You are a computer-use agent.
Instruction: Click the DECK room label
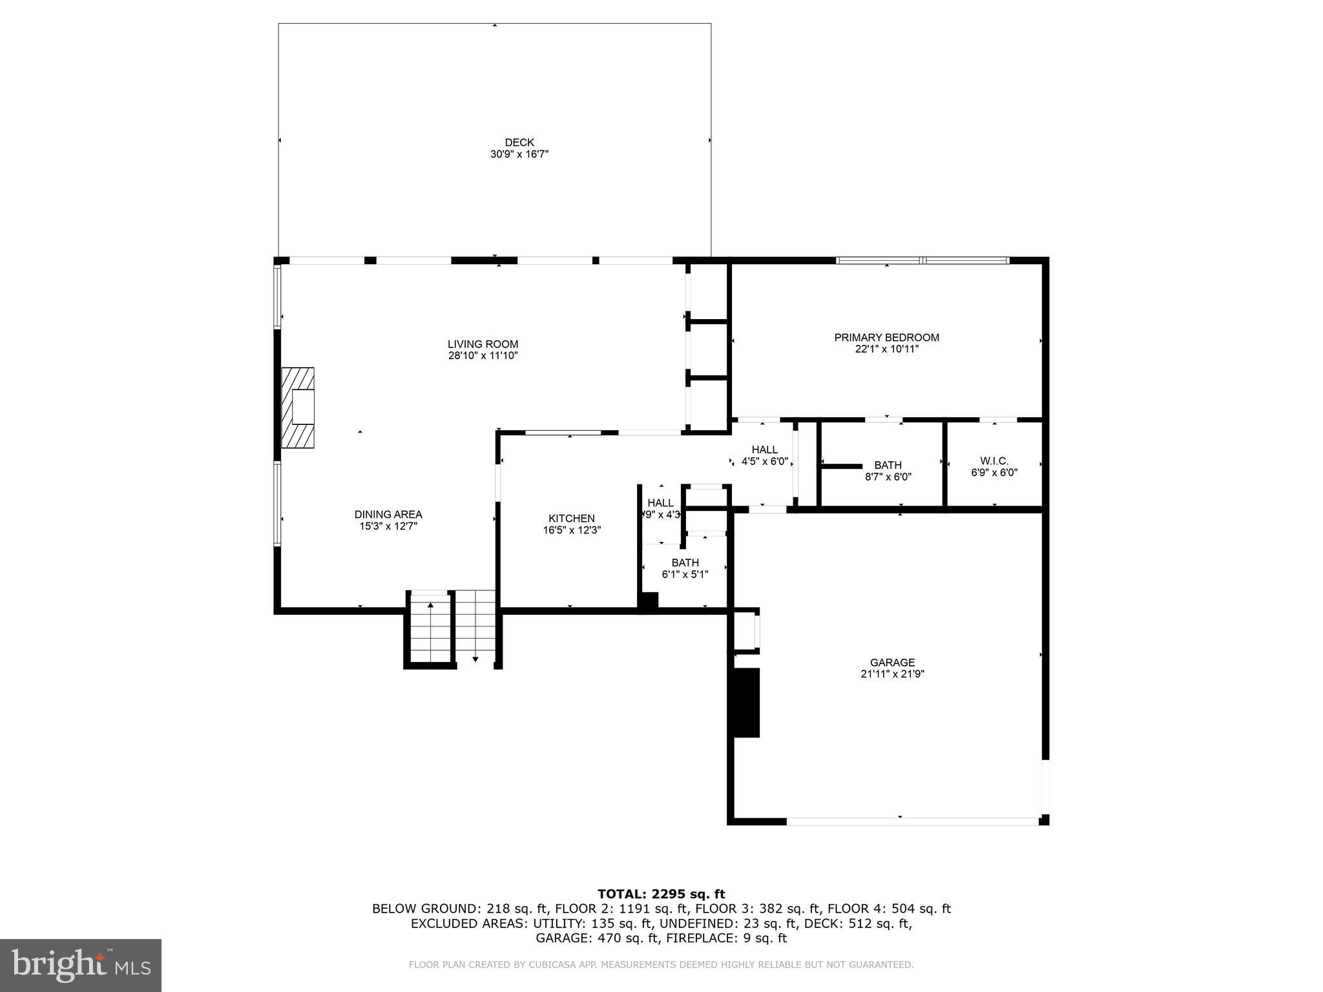519,143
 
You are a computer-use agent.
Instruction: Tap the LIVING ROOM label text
483,344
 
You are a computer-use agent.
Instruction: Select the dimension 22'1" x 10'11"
886,349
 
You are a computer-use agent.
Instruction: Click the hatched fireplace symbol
298,408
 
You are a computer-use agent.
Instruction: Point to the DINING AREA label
388,515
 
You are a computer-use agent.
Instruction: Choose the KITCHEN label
571,519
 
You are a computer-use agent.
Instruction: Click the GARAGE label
892,663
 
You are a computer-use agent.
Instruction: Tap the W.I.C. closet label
994,461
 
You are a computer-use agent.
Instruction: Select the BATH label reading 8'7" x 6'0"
888,466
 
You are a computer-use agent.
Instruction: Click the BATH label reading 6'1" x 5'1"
685,563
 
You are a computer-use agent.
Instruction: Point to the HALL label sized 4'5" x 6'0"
764,450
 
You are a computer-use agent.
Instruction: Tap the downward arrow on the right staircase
475,659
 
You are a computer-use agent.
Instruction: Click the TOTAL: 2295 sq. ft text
661,894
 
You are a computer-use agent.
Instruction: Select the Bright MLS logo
81,965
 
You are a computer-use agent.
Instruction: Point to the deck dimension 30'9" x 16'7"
519,154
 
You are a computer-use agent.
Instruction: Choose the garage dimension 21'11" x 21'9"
892,674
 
